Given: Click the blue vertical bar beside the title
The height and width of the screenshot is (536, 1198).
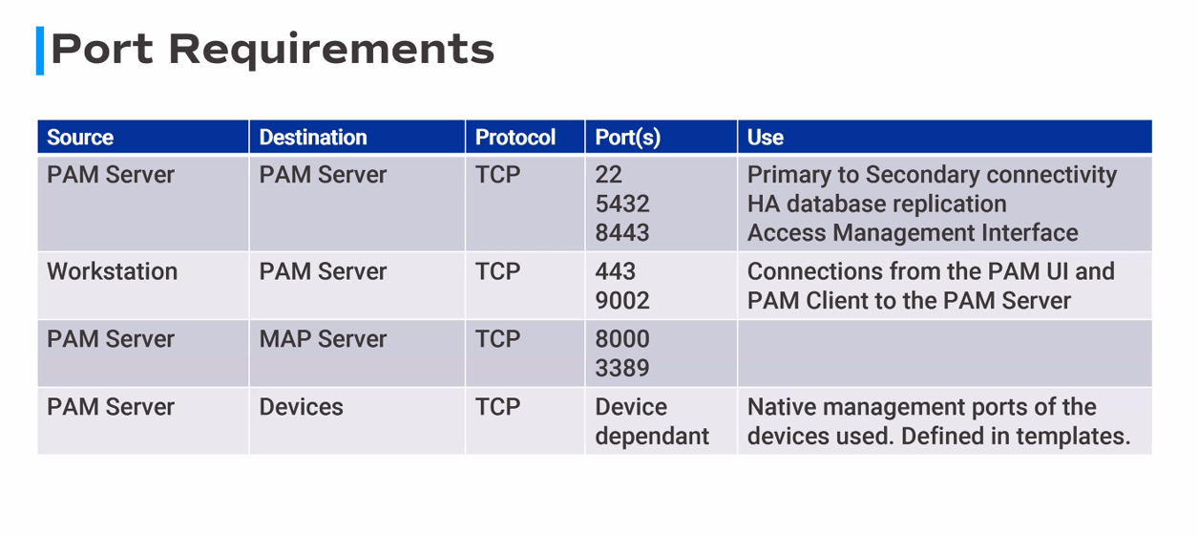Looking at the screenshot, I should coord(40,51).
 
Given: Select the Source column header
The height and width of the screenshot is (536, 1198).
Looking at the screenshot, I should coord(80,138).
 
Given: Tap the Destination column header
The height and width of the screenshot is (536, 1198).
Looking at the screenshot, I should coord(312,138).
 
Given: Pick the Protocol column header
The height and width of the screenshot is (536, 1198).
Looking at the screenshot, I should coord(515,138).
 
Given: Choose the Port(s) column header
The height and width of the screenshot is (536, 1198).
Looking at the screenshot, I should coord(627,138).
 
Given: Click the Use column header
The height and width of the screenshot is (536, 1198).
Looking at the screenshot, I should coord(765,138).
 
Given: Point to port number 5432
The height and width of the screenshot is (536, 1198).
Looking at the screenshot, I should coord(621,204).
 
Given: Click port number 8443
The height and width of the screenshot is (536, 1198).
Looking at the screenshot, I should coord(621,233).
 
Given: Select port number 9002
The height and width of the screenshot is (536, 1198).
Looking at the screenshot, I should coord(621,301).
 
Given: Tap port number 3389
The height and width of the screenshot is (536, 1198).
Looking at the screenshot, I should coord(621,369).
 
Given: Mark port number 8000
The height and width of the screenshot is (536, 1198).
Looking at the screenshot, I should coord(621,340).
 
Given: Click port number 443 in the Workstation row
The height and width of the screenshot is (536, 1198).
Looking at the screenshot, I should coord(615,272).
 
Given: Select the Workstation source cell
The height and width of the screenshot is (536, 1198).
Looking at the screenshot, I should coord(112,272).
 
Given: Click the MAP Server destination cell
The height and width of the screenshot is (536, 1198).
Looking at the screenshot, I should coord(323,340).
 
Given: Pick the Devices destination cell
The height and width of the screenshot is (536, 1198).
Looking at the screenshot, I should coord(301,408).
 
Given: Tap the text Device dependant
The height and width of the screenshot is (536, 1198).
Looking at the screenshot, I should coord(651,422).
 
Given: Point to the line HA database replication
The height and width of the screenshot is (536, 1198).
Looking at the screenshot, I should coord(876,204).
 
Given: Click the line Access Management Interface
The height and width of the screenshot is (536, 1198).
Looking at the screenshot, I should coord(912,233).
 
